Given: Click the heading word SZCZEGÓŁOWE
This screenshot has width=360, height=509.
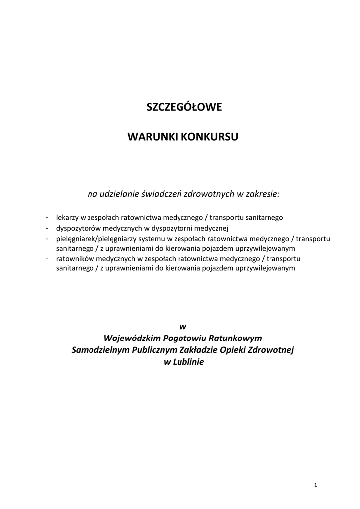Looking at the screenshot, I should pos(183,107).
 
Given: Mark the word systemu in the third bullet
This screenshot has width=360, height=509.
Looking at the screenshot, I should pos(150,239).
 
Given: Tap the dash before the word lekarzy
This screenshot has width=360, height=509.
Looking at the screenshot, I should pos(46,218).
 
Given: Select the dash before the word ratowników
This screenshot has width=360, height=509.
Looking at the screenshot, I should pos(46,258).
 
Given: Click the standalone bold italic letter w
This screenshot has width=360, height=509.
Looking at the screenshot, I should pos(182,326).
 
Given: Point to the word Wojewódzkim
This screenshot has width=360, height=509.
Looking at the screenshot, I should pos(137,338).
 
